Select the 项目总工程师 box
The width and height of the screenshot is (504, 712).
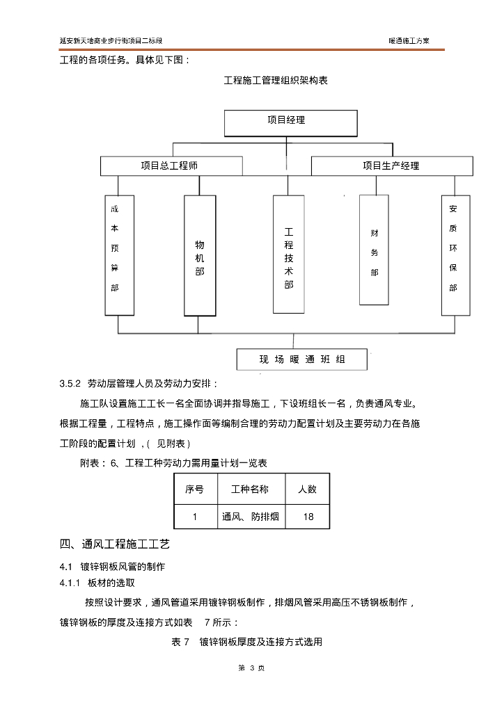click(x=170, y=166)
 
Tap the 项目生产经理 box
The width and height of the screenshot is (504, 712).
click(x=391, y=166)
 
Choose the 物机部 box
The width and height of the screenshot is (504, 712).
click(x=199, y=255)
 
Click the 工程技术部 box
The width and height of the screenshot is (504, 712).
click(x=288, y=254)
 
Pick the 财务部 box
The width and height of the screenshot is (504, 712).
click(x=374, y=250)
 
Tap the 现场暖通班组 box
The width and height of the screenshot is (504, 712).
click(x=302, y=359)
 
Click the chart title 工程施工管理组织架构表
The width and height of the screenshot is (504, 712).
click(x=276, y=81)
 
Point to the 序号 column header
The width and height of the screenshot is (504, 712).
click(x=195, y=489)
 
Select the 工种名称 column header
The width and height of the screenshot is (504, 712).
click(x=250, y=489)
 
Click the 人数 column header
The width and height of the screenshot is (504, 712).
click(x=307, y=489)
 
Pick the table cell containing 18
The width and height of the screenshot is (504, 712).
click(x=307, y=517)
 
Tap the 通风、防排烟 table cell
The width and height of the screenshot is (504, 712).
click(x=250, y=517)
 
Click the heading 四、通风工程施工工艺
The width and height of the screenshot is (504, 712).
click(x=115, y=544)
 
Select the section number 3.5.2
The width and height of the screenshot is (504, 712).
click(x=71, y=383)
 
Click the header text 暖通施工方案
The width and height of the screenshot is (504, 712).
click(x=409, y=41)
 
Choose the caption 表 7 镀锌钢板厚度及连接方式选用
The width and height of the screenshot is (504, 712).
click(x=247, y=642)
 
